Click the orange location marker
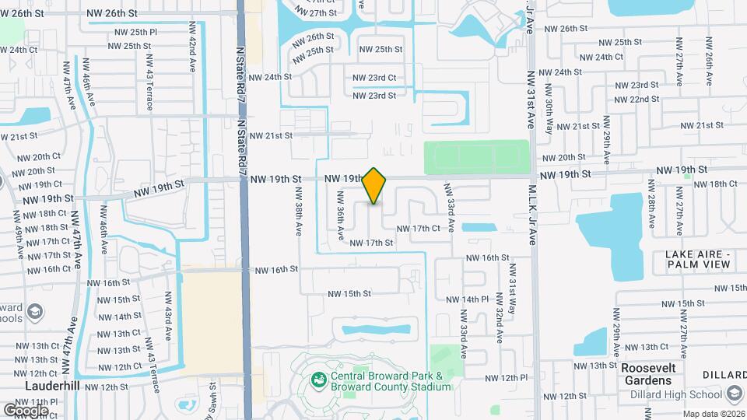(374, 186)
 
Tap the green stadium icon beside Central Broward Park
(317, 380)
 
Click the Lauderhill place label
(54, 386)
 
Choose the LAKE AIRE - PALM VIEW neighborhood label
(698, 259)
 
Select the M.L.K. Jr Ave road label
(533, 215)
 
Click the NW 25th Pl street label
(133, 32)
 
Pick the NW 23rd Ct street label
(374, 78)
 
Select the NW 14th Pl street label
(467, 299)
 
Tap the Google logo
(26, 410)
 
